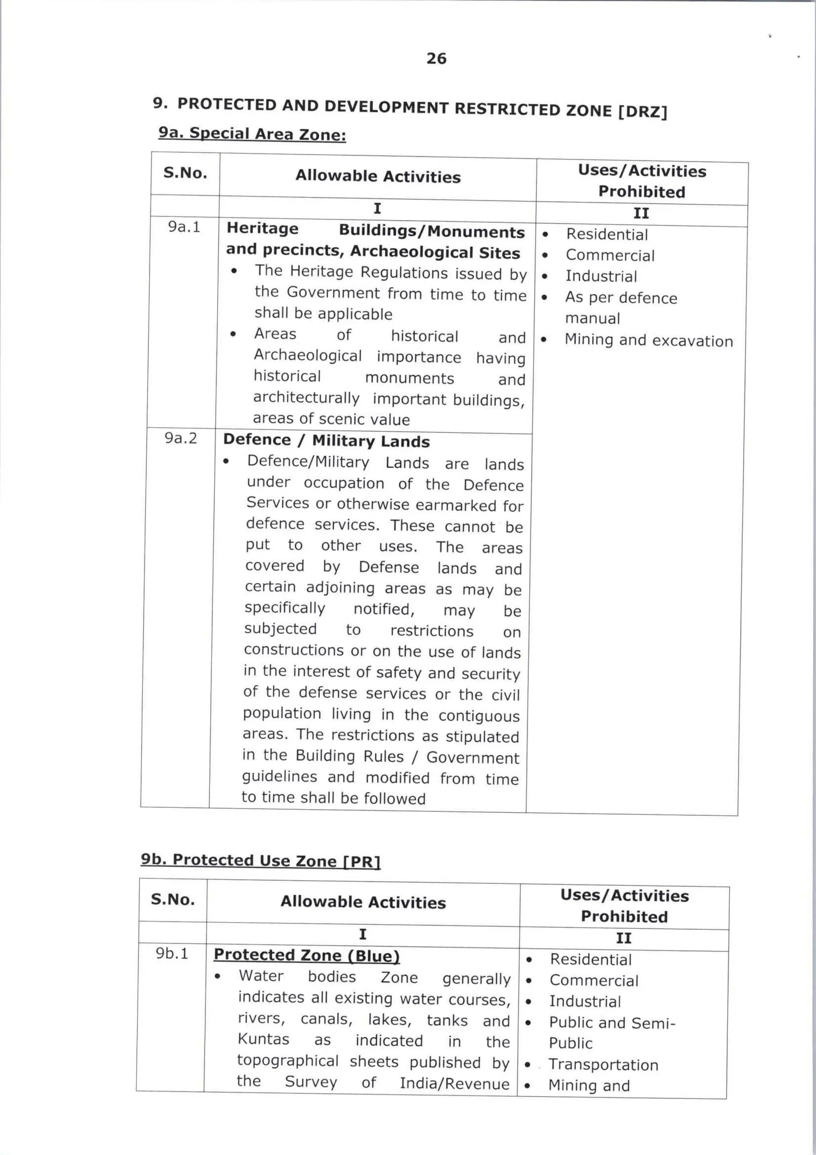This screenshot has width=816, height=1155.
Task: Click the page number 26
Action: click(x=436, y=59)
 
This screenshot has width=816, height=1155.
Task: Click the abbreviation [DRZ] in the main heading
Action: click(x=642, y=111)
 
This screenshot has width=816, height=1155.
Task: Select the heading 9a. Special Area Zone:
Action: click(x=252, y=134)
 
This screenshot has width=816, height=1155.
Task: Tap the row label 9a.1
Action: click(x=184, y=227)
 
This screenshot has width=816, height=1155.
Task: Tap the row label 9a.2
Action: click(x=181, y=438)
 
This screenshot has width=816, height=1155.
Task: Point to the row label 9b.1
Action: click(x=172, y=953)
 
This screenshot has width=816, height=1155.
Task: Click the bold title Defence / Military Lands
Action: click(x=326, y=441)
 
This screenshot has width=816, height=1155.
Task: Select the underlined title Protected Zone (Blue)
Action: click(x=306, y=955)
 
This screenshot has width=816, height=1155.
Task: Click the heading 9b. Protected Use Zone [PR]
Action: click(x=261, y=860)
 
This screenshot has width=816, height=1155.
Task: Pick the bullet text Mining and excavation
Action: click(x=648, y=340)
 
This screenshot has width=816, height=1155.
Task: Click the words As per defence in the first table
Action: click(x=621, y=298)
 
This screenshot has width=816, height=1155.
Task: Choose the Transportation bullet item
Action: click(x=603, y=1065)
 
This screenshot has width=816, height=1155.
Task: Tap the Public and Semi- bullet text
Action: click(x=612, y=1023)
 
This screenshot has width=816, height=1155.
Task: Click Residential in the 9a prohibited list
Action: click(x=606, y=235)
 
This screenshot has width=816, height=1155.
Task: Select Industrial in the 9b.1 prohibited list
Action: click(x=585, y=1002)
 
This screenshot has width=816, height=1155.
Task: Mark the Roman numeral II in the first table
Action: click(x=641, y=214)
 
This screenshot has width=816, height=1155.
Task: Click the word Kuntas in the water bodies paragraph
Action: click(x=263, y=1039)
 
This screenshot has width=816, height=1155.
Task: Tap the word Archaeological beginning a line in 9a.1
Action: click(x=308, y=356)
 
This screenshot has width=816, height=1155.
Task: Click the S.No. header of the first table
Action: click(x=185, y=173)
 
